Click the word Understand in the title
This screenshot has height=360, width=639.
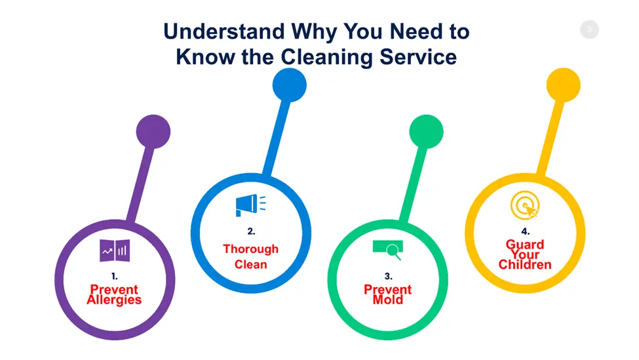(x=224, y=31)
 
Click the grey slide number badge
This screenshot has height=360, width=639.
(x=589, y=30)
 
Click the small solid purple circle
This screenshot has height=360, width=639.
(x=153, y=132)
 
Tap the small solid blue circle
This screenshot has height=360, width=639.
(x=289, y=85)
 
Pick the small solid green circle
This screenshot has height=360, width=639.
(x=426, y=132)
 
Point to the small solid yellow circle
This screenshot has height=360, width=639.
(x=563, y=85)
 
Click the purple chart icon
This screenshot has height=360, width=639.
(x=115, y=250)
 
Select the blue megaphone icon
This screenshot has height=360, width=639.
(x=250, y=205)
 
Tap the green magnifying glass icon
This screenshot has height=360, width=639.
(x=388, y=250)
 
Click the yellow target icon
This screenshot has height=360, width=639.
(x=525, y=205)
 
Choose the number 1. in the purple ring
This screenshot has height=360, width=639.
(x=115, y=277)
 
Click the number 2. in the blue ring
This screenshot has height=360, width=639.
(x=251, y=231)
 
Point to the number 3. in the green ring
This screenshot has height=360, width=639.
(x=389, y=277)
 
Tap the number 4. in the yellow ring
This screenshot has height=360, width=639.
(x=526, y=231)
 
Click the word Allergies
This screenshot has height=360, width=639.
(x=114, y=300)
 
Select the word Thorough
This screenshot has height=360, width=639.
(x=250, y=249)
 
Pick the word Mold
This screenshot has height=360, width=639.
(x=387, y=300)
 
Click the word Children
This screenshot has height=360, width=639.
(x=525, y=265)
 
